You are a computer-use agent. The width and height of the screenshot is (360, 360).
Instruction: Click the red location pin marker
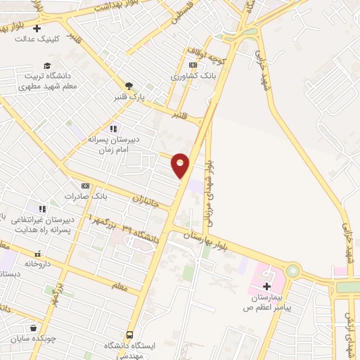(x=181, y=164)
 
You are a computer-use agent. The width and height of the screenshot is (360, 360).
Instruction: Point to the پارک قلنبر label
(x=127, y=98)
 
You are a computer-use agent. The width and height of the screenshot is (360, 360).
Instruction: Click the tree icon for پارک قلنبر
(x=127, y=86)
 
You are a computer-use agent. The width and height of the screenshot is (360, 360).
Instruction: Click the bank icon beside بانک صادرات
(x=86, y=186)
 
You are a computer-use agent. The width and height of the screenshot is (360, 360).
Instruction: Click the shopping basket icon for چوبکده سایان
(x=34, y=328)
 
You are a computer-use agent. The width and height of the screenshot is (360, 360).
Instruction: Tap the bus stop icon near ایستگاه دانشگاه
(x=129, y=335)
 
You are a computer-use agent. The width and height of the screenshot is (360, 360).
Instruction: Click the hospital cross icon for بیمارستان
(x=266, y=286)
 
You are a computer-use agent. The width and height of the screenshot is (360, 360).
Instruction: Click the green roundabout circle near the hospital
(x=292, y=271)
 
